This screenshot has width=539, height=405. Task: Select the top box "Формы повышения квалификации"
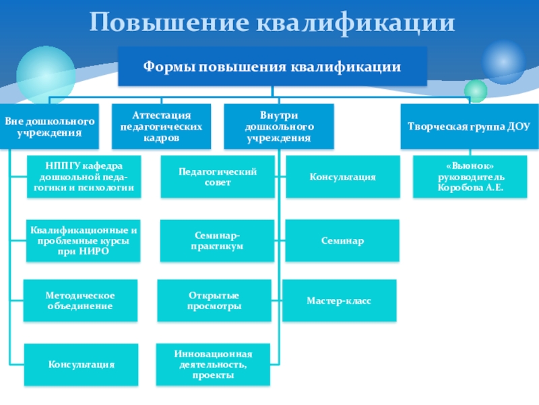[272, 67]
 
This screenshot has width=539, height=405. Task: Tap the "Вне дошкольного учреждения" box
[49, 126]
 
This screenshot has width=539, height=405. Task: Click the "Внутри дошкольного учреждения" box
[278, 126]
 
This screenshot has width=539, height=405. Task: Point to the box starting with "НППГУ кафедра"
[86, 176]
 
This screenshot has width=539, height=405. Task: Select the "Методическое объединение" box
[80, 301]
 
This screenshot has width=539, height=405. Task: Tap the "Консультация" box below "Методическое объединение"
[81, 364]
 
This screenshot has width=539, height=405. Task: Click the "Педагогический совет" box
[218, 178]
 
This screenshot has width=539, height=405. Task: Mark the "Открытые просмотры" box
[214, 301]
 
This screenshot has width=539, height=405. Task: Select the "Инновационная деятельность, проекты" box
[213, 364]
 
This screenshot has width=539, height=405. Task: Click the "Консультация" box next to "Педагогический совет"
[342, 177]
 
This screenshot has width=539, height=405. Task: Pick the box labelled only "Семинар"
[342, 241]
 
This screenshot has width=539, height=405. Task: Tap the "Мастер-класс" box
[339, 300]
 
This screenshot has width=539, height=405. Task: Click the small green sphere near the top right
[476, 90]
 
